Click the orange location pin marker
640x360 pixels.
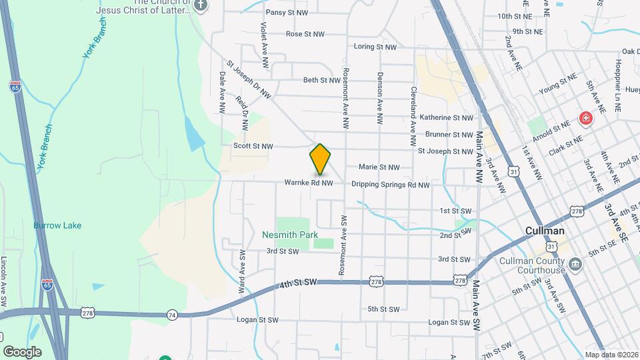[x=320, y=159]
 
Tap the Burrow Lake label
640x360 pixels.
[x=57, y=225]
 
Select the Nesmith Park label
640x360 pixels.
[x=289, y=235]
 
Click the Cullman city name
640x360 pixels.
[x=545, y=231]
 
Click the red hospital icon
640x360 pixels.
[x=586, y=119]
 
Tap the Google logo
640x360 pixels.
[x=22, y=352]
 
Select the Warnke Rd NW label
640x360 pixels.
[x=308, y=183]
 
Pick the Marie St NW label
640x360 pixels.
[x=379, y=167]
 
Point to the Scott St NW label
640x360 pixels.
[x=253, y=146]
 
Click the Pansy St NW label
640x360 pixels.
[x=287, y=13]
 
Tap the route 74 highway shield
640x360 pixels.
[x=172, y=314]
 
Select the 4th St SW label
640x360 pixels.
[x=297, y=283]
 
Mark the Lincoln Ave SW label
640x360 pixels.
[x=4, y=282]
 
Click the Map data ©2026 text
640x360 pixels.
[x=611, y=355]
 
